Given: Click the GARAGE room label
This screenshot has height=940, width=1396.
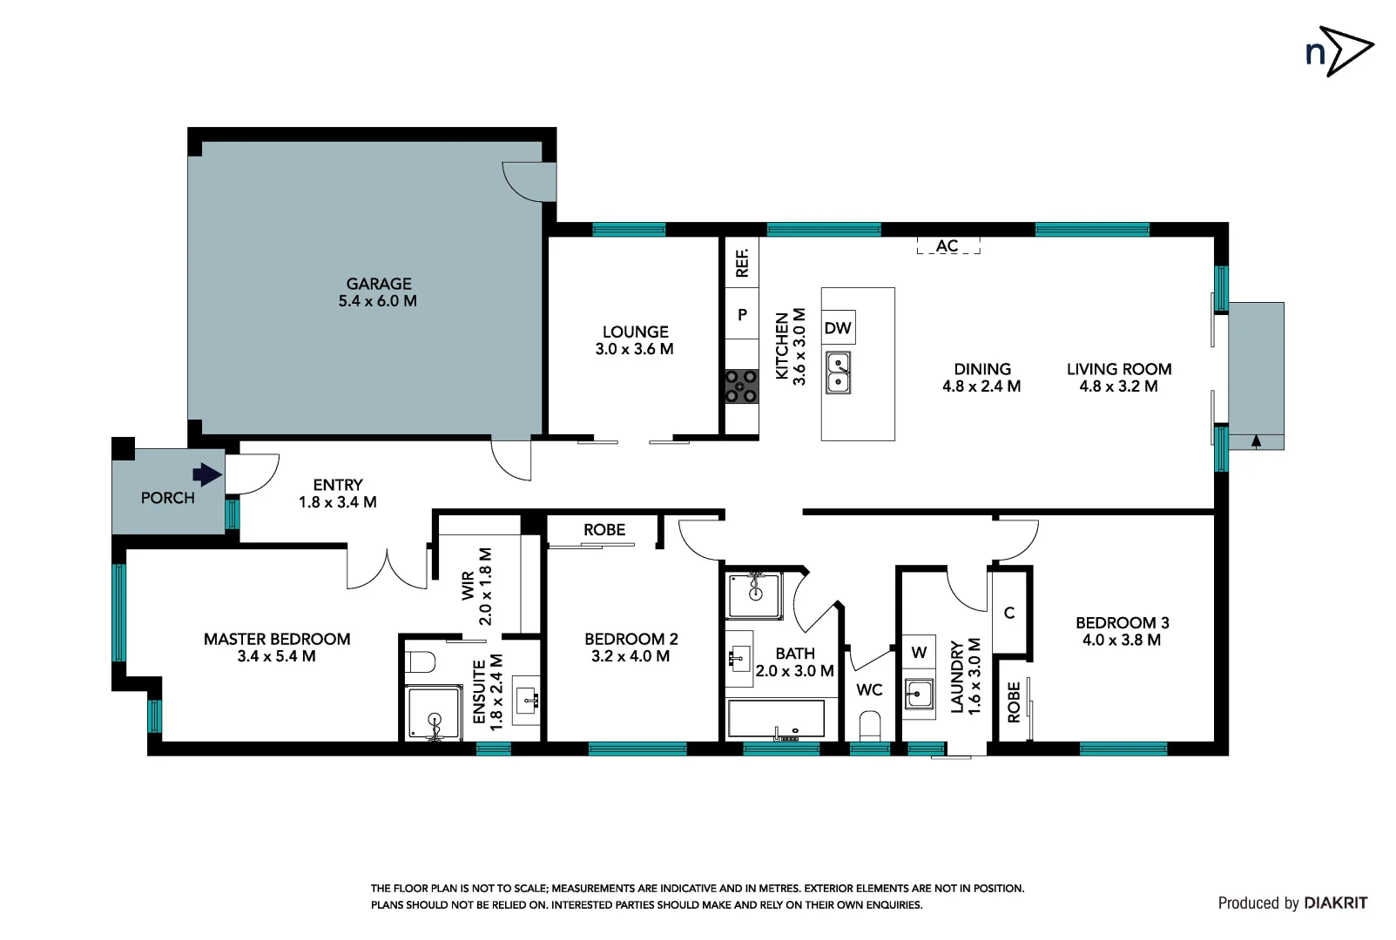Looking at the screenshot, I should (x=378, y=285).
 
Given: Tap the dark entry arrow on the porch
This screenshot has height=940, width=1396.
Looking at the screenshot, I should (x=207, y=474).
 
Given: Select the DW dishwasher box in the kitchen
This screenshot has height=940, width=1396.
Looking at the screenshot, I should (x=838, y=328).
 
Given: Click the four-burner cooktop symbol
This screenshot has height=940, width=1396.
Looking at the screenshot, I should (x=741, y=386).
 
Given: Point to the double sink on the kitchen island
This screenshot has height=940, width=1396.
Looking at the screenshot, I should (x=838, y=373).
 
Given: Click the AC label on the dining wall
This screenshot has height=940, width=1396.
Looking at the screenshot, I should (x=948, y=246).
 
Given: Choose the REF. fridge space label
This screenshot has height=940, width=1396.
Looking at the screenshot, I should (x=742, y=263).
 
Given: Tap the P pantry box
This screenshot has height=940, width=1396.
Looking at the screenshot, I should (x=742, y=315).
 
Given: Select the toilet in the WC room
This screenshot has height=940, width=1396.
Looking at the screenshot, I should (x=870, y=725).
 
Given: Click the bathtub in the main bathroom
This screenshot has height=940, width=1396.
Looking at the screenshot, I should (x=776, y=720).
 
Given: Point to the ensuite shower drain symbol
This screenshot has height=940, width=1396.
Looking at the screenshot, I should (x=435, y=720).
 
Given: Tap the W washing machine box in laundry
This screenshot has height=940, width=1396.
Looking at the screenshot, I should (x=919, y=653).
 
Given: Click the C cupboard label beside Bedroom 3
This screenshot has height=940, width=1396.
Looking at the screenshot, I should (x=1009, y=613).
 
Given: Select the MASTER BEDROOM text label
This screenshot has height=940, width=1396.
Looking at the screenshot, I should (x=277, y=639).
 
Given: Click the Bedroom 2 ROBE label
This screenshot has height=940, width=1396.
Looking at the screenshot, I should (x=604, y=530).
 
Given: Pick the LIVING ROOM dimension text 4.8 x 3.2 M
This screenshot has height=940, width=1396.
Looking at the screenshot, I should (x=1118, y=386).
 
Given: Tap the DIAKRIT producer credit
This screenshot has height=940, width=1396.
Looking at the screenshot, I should (x=1335, y=903).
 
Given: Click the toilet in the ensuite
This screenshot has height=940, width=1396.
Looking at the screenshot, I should (x=421, y=663).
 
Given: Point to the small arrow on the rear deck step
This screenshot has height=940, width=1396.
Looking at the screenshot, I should (x=1256, y=441).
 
